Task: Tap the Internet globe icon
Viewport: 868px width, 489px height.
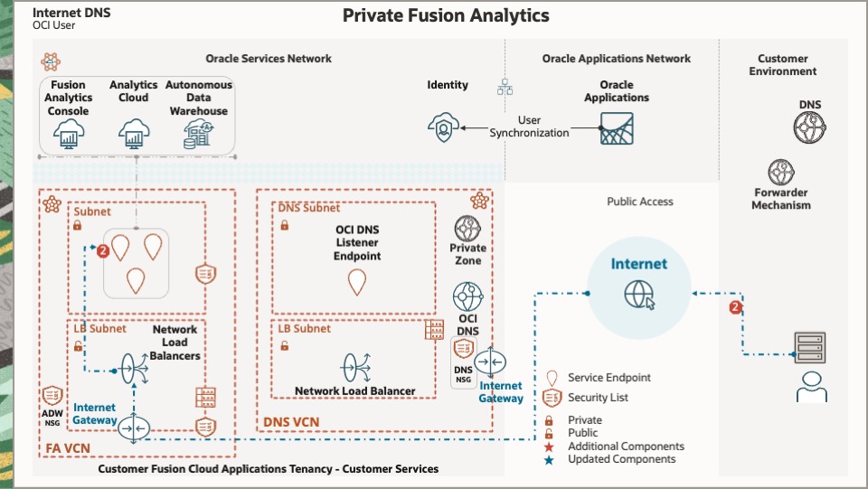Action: tap(639, 294)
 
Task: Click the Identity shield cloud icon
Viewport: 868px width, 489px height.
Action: tap(443, 127)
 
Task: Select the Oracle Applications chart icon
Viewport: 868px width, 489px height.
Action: tap(618, 128)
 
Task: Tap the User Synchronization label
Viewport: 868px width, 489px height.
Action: tap(530, 127)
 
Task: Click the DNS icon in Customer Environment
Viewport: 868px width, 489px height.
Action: tap(809, 127)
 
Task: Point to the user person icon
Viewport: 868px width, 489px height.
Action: tap(809, 386)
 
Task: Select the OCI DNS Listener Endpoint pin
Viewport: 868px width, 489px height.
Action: tap(357, 283)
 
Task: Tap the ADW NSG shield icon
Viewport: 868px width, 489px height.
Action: tap(53, 396)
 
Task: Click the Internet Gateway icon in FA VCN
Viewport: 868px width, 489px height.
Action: tap(134, 427)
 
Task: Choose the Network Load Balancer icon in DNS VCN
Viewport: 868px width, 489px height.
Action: tap(354, 367)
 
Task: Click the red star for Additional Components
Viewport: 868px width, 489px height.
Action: tap(549, 447)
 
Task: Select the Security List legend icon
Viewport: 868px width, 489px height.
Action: tap(549, 398)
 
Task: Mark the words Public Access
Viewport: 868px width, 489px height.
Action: tap(639, 202)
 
